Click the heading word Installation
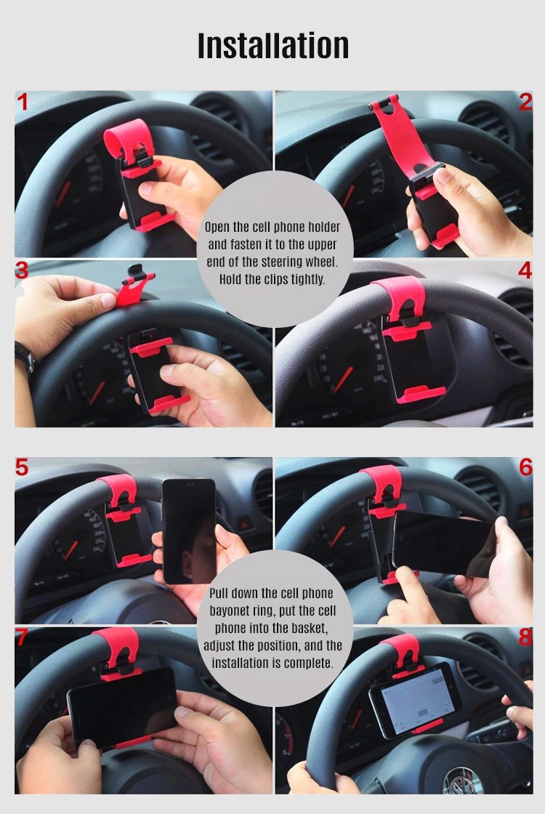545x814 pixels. [x=273, y=46]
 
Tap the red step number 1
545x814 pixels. [x=23, y=102]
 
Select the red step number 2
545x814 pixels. [x=525, y=102]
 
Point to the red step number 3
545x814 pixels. [x=22, y=270]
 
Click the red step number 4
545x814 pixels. [x=525, y=270]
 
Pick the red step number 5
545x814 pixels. [x=22, y=467]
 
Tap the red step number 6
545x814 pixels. [x=526, y=467]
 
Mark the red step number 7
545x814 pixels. [x=23, y=637]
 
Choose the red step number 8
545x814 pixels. [x=526, y=637]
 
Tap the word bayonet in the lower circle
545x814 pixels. [x=230, y=610]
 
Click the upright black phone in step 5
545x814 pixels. [x=189, y=531]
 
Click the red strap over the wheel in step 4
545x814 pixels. [x=399, y=296]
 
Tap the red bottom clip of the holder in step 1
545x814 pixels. [x=156, y=220]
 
